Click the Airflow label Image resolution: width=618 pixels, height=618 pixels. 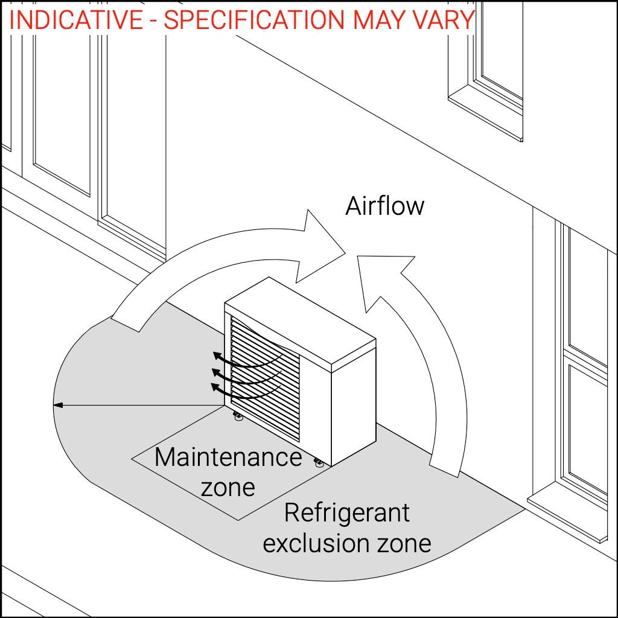point(384,206)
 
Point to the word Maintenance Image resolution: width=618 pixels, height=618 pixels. point(228,457)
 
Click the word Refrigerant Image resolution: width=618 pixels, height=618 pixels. point(346,513)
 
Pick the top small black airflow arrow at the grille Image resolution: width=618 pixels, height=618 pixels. point(215,356)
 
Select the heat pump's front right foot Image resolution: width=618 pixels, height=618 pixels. point(319,462)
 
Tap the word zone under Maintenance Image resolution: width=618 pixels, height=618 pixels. point(228,486)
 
